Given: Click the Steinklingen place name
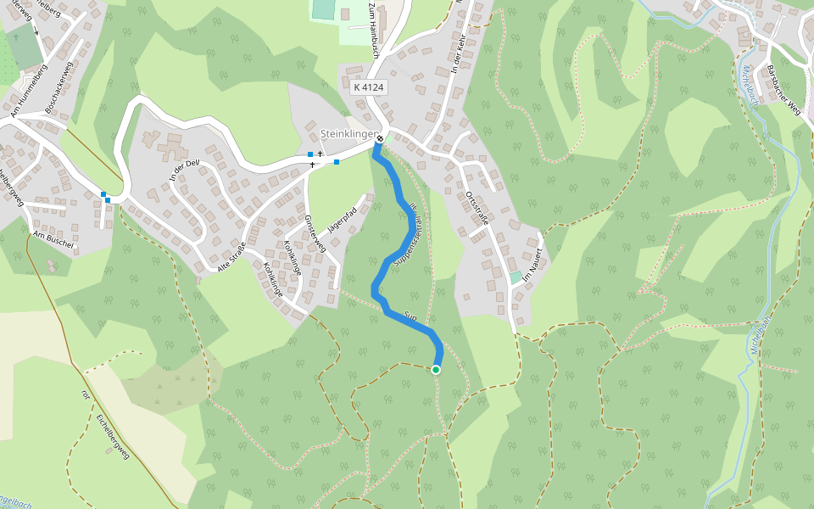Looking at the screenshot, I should (348, 134).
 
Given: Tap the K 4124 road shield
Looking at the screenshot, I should (369, 87).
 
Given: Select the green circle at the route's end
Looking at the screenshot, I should (436, 370).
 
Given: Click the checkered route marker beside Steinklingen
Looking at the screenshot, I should (380, 139).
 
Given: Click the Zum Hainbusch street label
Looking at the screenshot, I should (373, 29).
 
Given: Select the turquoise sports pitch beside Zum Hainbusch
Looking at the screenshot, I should (324, 9).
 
